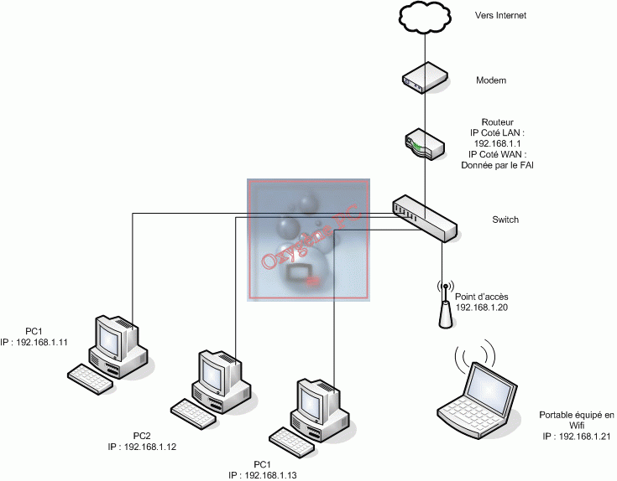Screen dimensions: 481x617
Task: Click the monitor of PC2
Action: pos(215,371)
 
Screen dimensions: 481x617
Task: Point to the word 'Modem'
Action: pos(490,80)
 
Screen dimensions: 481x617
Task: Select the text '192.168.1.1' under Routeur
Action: pos(497,143)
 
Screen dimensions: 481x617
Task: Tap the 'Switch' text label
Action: pos(505,220)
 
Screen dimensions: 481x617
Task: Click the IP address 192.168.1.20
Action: pos(483,308)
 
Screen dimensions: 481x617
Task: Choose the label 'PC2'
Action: pos(142,436)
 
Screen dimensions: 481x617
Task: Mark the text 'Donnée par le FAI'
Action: pos(497,165)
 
